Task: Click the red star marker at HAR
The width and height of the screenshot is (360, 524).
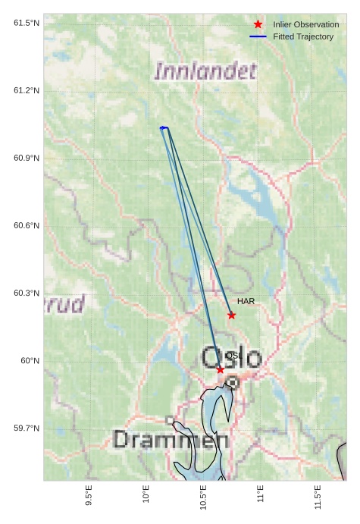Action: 232,315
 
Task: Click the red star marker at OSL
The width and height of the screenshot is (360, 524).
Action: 220,369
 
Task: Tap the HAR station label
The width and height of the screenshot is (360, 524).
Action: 246,302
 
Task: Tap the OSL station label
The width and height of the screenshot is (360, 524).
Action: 234,356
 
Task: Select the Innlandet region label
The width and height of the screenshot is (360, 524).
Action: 205,72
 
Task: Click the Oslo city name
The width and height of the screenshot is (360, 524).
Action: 232,358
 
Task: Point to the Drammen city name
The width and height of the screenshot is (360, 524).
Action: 171,440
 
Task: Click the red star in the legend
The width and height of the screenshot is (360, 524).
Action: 258,25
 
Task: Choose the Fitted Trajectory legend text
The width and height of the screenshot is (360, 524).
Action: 303,37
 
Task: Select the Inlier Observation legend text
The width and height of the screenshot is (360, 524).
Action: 306,25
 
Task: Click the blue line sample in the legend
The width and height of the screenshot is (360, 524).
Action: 258,37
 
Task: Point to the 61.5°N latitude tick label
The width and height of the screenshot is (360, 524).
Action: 27,24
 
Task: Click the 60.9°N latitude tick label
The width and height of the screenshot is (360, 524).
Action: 27,158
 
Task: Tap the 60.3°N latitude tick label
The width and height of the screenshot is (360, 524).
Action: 27,293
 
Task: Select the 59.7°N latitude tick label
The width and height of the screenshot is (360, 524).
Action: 27,428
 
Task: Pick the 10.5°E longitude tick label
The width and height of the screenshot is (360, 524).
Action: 203,497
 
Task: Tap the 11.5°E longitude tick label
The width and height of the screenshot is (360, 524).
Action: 318,497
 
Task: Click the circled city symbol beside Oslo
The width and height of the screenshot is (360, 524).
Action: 233,383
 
